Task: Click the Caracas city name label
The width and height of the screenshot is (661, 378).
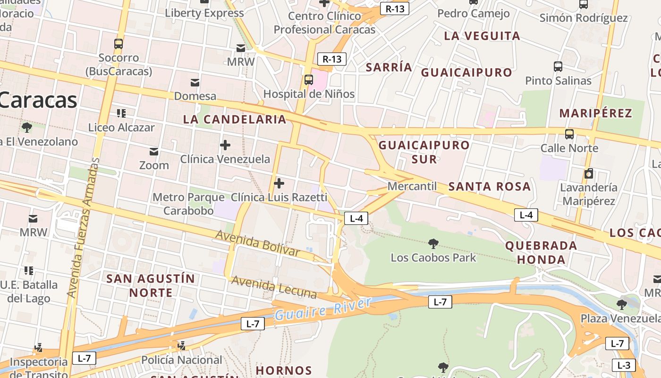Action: click(x=38, y=100)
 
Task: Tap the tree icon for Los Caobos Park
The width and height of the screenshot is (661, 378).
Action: click(x=433, y=244)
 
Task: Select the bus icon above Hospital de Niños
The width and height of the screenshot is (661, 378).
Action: click(x=308, y=79)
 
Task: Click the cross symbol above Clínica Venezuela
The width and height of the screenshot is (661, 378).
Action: click(x=225, y=145)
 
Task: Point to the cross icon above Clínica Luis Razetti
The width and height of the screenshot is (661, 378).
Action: click(x=279, y=183)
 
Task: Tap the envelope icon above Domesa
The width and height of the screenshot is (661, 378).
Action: click(x=195, y=83)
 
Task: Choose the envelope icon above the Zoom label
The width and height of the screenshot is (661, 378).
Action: click(x=154, y=151)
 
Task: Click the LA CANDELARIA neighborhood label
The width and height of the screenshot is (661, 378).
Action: click(x=235, y=120)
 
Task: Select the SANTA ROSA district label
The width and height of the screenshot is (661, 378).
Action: click(x=489, y=187)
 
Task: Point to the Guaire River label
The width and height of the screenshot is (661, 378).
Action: click(x=323, y=309)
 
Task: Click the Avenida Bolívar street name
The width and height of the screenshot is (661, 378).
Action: click(x=257, y=243)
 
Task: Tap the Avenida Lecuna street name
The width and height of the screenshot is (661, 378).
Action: click(x=274, y=287)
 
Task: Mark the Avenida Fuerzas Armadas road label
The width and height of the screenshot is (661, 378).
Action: click(x=83, y=227)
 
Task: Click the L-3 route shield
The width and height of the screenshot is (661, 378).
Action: click(x=624, y=365)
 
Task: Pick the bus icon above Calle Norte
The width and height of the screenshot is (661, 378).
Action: click(x=569, y=134)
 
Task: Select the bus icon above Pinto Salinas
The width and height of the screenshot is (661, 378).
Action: click(x=558, y=66)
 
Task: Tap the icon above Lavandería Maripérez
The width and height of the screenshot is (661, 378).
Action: click(x=588, y=173)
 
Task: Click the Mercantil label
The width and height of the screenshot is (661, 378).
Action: click(x=412, y=186)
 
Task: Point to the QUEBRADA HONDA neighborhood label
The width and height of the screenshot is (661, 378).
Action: click(x=541, y=252)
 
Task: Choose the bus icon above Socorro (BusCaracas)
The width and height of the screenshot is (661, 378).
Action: click(x=119, y=44)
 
